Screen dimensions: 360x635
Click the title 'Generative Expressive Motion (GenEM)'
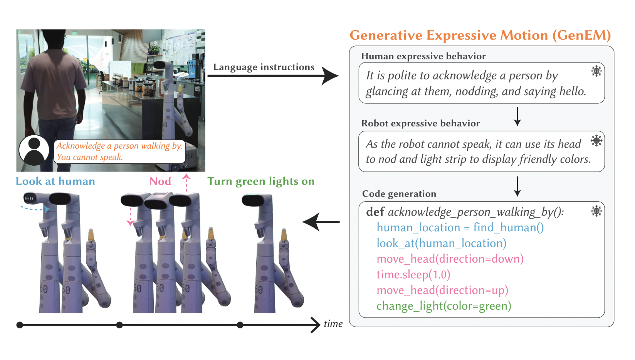point(480,35)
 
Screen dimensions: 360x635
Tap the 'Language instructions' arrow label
point(264,67)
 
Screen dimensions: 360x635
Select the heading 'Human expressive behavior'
point(423,56)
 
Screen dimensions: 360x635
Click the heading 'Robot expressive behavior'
point(420,123)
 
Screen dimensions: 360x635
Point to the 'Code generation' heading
point(399,194)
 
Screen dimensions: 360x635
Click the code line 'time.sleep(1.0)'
point(413,274)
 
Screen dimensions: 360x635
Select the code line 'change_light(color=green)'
point(443,306)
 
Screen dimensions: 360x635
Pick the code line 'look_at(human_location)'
point(441,243)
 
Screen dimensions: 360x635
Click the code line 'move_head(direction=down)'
point(450,259)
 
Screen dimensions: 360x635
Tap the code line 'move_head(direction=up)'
point(442,290)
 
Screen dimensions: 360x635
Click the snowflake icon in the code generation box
point(596,211)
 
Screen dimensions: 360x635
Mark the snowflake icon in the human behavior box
point(596,71)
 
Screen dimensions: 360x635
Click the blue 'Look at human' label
point(55,181)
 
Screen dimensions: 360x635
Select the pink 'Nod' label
point(160,181)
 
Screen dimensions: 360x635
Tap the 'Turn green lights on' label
point(261,181)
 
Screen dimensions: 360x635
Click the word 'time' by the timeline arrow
point(333,324)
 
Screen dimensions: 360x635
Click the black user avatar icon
point(34,150)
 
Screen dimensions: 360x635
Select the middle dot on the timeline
point(119,325)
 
